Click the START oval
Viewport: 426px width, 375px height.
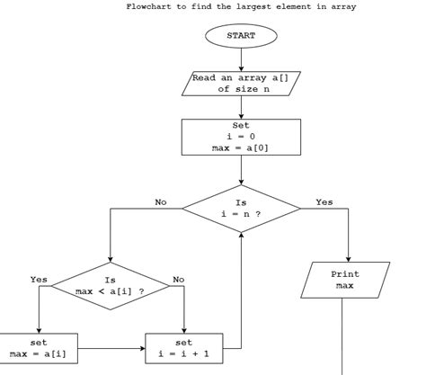click(x=241, y=36)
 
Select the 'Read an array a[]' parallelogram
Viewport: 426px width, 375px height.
click(x=241, y=84)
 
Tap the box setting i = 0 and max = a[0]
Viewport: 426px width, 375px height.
click(x=241, y=137)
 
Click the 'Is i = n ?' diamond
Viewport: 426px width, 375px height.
click(x=241, y=209)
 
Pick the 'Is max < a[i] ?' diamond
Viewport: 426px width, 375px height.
click(x=110, y=286)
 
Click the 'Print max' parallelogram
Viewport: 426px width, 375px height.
click(x=344, y=280)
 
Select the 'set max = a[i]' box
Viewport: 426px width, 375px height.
click(x=39, y=347)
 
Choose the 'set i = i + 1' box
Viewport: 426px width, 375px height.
click(x=183, y=347)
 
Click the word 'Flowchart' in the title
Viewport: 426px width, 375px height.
click(x=148, y=7)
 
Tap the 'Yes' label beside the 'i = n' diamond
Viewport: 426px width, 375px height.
click(x=324, y=202)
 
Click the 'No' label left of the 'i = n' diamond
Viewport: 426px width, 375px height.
click(x=161, y=202)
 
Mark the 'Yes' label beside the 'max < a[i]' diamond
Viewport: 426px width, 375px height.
click(x=39, y=280)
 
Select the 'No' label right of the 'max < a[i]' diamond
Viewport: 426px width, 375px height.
click(x=179, y=280)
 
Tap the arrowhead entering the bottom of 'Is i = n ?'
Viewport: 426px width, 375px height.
click(x=241, y=234)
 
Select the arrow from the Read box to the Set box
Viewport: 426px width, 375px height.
click(x=241, y=107)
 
